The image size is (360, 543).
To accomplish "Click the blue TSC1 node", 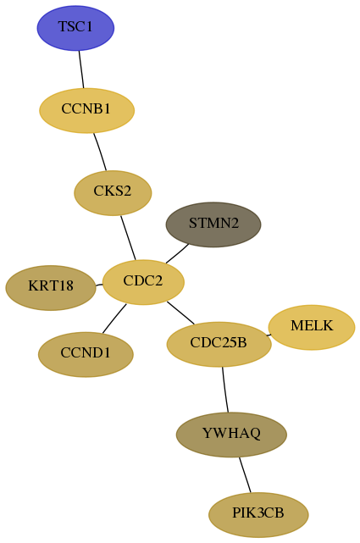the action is (x=75, y=28).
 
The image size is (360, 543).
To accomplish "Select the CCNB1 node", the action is (x=86, y=110).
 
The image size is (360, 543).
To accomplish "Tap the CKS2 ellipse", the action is (x=113, y=193).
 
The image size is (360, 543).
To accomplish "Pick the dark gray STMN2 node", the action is (x=213, y=224).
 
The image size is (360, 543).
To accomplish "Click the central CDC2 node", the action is (x=143, y=282).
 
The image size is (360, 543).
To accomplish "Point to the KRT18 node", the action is (x=51, y=288).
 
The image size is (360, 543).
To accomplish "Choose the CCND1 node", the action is (x=86, y=354).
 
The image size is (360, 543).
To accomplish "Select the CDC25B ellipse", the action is (x=219, y=344).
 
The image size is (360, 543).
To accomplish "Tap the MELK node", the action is (x=312, y=327).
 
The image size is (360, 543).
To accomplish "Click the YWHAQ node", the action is (x=231, y=435).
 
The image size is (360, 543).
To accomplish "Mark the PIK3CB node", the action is (x=258, y=515).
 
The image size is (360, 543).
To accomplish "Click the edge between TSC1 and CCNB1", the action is (x=81, y=69).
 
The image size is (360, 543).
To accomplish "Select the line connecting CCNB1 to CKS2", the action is (x=100, y=152).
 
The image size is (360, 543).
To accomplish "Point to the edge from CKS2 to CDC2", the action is (x=128, y=238).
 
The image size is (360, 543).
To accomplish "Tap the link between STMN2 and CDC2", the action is (x=177, y=254).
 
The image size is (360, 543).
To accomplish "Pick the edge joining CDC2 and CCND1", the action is (x=114, y=319).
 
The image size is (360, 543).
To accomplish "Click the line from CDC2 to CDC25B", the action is (x=180, y=313).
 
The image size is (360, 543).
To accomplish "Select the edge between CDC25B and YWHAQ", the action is (x=225, y=390).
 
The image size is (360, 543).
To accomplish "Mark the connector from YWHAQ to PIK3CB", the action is (x=245, y=474).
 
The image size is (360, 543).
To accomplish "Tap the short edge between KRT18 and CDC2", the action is (x=99, y=285).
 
